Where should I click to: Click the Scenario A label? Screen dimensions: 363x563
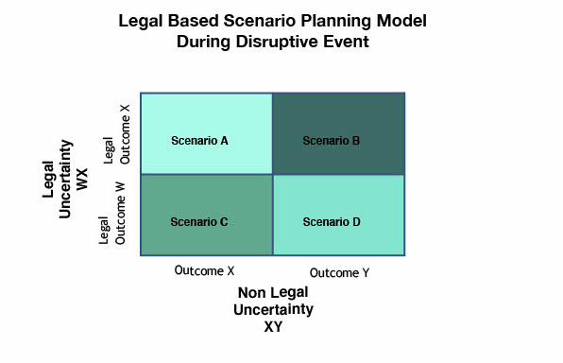pyautogui.click(x=199, y=141)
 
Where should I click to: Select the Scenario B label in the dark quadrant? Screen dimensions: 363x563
pyautogui.click(x=331, y=141)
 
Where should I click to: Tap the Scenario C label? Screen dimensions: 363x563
pyautogui.click(x=199, y=222)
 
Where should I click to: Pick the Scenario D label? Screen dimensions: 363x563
pyautogui.click(x=332, y=222)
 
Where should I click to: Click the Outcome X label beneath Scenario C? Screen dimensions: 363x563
pyautogui.click(x=204, y=270)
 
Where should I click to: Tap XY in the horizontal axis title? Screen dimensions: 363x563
pyautogui.click(x=275, y=326)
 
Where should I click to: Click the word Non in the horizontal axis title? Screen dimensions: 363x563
pyautogui.click(x=251, y=293)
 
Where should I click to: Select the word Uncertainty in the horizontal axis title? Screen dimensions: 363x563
pyautogui.click(x=275, y=309)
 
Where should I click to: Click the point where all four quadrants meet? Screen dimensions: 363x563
pyautogui.click(x=273, y=174)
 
